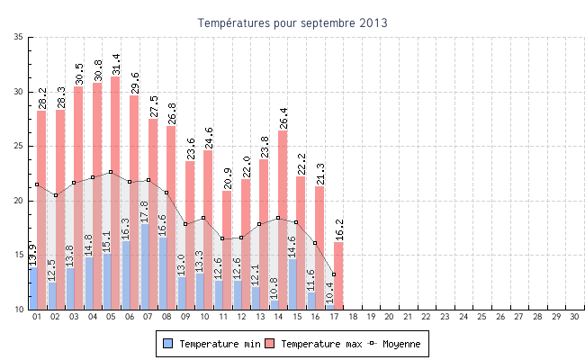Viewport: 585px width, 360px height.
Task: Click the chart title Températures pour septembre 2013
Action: (x=292, y=22)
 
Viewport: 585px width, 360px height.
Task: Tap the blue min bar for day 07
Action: (x=144, y=270)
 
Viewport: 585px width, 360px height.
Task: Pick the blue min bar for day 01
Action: (x=32, y=288)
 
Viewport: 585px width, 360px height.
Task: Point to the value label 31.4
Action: (x=115, y=64)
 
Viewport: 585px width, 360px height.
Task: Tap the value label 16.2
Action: (x=338, y=229)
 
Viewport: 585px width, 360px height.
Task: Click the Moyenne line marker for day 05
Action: (x=111, y=172)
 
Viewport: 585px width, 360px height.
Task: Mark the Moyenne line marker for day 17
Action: (x=334, y=274)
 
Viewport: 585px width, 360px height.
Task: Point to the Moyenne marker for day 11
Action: (x=222, y=238)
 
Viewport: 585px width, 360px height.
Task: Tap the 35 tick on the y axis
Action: (x=19, y=37)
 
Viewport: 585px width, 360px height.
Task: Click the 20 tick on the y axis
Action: (x=19, y=201)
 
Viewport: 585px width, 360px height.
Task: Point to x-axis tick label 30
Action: (x=575, y=317)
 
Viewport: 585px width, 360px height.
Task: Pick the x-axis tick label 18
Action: (x=353, y=317)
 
